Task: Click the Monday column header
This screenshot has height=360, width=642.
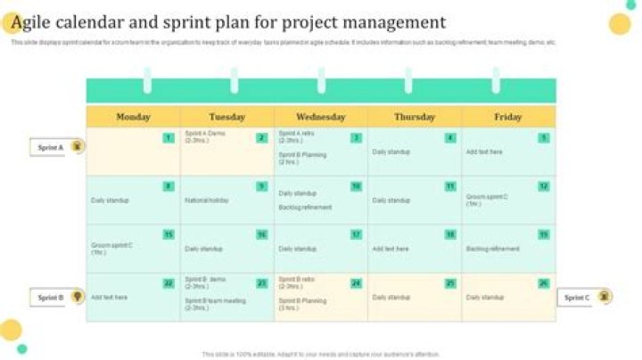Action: click(x=133, y=117)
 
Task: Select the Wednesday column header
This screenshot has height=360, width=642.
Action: click(x=321, y=117)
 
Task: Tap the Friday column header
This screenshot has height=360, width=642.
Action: click(x=508, y=117)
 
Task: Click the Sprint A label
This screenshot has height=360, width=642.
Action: click(x=50, y=147)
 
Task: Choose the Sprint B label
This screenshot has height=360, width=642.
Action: click(x=50, y=298)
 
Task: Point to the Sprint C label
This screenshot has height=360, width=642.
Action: click(x=577, y=298)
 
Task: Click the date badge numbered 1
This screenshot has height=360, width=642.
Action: click(x=168, y=138)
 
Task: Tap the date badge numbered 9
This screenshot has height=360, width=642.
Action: click(x=261, y=186)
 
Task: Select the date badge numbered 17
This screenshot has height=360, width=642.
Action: click(x=356, y=234)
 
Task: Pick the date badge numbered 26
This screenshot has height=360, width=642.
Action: click(x=544, y=283)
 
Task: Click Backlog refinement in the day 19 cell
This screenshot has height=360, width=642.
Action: click(x=493, y=249)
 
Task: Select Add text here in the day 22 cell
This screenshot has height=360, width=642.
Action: click(x=109, y=298)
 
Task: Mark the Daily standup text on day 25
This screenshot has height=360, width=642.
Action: click(x=391, y=298)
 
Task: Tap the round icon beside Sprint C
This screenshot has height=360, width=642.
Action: click(x=605, y=297)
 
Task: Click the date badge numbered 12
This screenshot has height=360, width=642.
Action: click(x=544, y=186)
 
